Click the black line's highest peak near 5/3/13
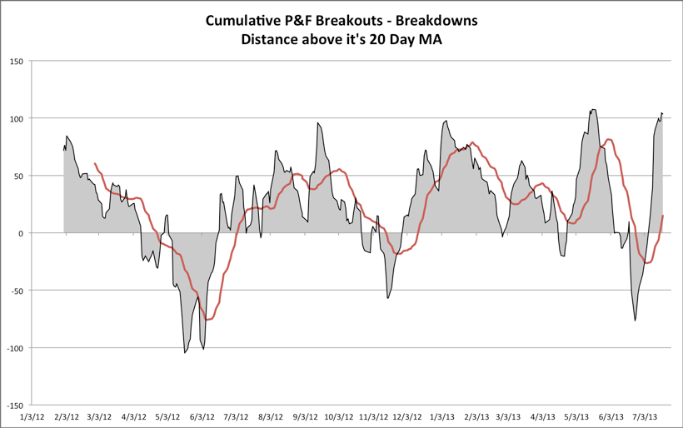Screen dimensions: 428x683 pos(592,110)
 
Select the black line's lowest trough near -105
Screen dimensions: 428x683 pos(185,353)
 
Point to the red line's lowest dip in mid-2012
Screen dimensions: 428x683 pos(207,320)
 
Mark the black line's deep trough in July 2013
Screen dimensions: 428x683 pos(635,321)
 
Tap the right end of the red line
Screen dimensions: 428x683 pos(663,216)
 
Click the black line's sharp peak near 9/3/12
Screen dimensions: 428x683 pos(317,123)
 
